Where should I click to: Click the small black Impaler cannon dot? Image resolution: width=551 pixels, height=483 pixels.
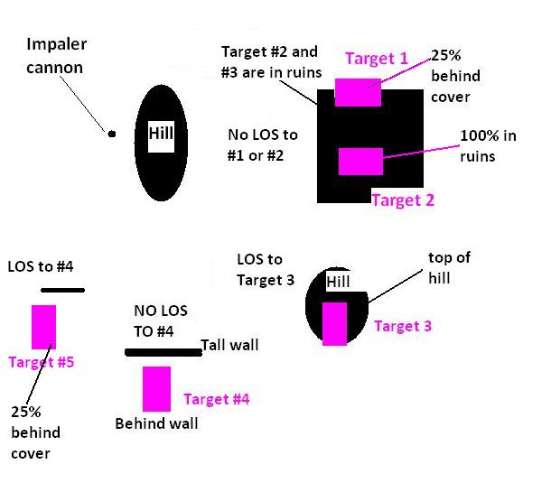coord(112,135)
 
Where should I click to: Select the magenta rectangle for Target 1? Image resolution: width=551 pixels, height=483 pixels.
coord(358,92)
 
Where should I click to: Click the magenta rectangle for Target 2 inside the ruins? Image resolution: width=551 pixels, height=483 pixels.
coord(360,162)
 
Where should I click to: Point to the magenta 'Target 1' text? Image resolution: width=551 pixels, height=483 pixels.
coord(377,60)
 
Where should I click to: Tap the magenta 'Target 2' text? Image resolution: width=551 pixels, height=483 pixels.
coord(403,200)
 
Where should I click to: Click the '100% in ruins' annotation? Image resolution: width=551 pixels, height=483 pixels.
coord(490,145)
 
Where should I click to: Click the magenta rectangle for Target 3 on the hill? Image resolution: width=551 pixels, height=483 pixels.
coord(334,323)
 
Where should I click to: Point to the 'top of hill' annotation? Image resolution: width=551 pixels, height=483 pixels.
coord(449,268)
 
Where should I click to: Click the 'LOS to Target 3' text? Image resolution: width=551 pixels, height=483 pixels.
coord(266,270)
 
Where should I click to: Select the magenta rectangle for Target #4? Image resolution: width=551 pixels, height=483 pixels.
coord(156,388)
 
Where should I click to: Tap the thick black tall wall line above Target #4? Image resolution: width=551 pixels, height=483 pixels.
coord(163,352)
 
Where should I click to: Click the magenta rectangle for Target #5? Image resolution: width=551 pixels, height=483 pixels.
coord(43,327)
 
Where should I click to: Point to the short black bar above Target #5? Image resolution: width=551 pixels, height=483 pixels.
coord(61,290)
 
